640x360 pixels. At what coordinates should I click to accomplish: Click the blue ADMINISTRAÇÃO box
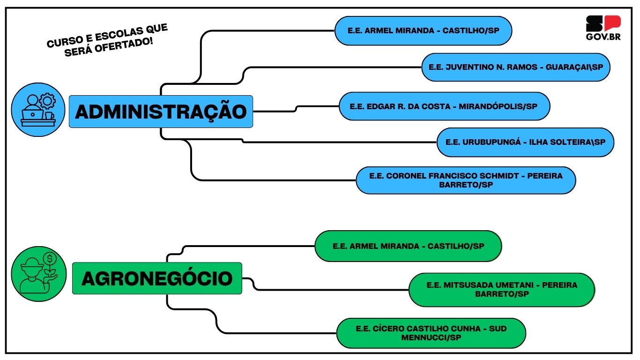pyautogui.click(x=161, y=112)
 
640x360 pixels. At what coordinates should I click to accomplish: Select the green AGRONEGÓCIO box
pyautogui.click(x=157, y=278)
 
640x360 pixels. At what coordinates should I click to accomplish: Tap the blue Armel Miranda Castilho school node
pyautogui.click(x=423, y=30)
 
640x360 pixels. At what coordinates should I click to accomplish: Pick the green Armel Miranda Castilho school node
pyautogui.click(x=408, y=246)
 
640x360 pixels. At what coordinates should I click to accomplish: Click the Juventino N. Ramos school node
pyautogui.click(x=516, y=67)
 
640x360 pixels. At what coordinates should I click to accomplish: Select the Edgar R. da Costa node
pyautogui.click(x=445, y=106)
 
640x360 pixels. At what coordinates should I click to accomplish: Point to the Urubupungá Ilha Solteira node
pyautogui.click(x=525, y=142)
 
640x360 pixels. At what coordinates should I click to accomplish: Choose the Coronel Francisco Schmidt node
pyautogui.click(x=466, y=180)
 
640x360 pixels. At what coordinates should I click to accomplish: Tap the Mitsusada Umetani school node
pyautogui.click(x=502, y=290)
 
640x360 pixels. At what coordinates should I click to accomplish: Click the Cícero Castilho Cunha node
pyautogui.click(x=431, y=333)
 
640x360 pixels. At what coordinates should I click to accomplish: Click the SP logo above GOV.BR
pyautogui.click(x=603, y=23)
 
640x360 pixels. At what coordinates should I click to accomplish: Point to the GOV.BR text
pyautogui.click(x=603, y=37)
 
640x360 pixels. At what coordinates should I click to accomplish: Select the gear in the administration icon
pyautogui.click(x=47, y=101)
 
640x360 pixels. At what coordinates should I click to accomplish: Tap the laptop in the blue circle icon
pyautogui.click(x=33, y=114)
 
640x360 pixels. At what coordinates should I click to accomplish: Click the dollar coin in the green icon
pyautogui.click(x=50, y=259)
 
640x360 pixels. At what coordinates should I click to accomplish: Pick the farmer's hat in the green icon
pyautogui.click(x=32, y=264)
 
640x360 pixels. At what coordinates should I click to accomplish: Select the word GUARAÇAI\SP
pyautogui.click(x=574, y=67)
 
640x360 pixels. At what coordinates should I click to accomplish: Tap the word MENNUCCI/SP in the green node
pyautogui.click(x=431, y=337)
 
